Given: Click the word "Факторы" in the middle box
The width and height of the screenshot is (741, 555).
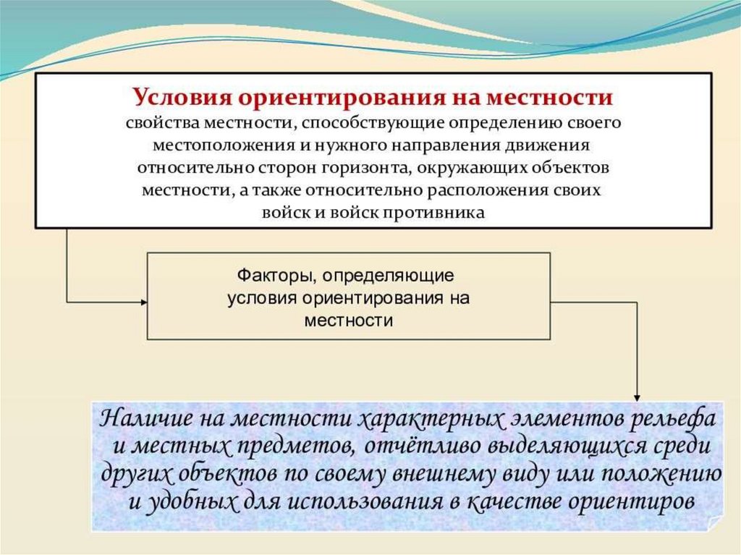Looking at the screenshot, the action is (276, 276).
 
